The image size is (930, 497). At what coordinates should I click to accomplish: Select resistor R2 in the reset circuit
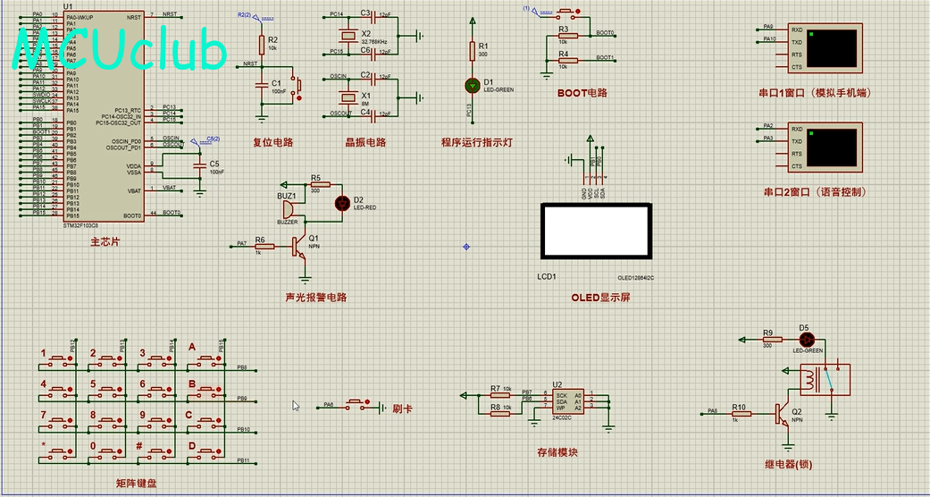(x=262, y=44)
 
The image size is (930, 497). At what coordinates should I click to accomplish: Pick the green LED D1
(x=473, y=85)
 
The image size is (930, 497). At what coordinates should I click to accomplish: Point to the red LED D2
(x=341, y=203)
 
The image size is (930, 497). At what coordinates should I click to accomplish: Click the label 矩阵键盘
(x=141, y=483)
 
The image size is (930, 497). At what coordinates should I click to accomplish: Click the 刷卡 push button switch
(x=357, y=405)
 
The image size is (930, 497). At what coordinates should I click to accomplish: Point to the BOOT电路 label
(x=582, y=92)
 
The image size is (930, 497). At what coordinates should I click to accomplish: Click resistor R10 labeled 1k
(x=740, y=412)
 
